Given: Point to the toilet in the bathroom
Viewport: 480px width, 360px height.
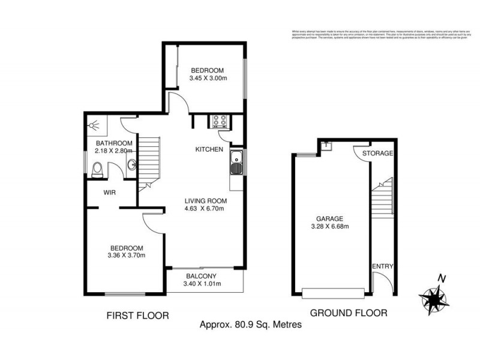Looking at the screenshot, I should [99, 169].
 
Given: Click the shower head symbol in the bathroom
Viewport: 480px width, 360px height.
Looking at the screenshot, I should [93, 127].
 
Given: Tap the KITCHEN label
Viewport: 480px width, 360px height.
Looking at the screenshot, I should [209, 149].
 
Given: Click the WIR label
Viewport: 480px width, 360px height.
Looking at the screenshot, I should [109, 193].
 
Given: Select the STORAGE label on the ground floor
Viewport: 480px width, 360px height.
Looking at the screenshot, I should [377, 154].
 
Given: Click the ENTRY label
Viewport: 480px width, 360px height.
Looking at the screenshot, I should [382, 266].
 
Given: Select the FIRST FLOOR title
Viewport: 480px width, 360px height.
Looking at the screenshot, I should [137, 314].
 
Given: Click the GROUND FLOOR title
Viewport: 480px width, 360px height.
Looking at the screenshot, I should [348, 313].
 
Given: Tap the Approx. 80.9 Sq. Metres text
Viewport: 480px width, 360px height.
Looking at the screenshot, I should [250, 325].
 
